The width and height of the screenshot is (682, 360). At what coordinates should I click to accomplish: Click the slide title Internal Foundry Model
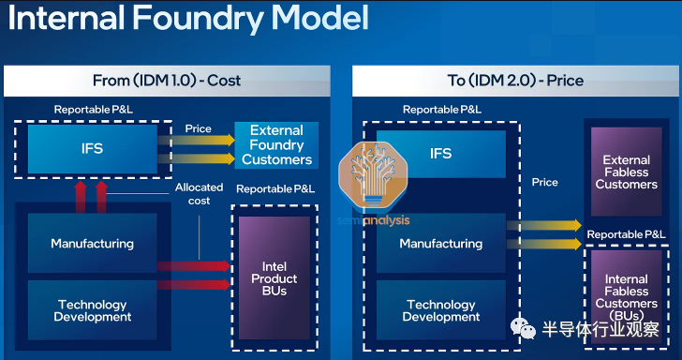(x=188, y=19)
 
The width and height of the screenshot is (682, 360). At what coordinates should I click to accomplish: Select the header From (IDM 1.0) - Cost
(x=167, y=81)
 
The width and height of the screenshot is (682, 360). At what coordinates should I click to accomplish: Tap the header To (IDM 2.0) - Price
(x=515, y=81)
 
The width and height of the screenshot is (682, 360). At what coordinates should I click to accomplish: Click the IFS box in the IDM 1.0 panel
(x=93, y=149)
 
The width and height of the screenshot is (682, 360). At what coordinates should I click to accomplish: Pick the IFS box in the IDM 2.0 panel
(x=441, y=154)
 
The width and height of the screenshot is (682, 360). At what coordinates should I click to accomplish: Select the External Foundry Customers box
(x=276, y=145)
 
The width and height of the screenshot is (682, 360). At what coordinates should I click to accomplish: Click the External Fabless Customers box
(x=627, y=172)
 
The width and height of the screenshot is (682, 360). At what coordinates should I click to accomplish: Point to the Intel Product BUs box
(x=274, y=278)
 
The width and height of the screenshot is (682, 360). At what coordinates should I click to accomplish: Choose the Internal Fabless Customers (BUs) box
(x=627, y=297)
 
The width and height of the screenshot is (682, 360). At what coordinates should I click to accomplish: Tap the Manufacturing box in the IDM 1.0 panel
(x=93, y=243)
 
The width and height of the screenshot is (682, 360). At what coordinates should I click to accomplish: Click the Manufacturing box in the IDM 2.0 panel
(x=441, y=243)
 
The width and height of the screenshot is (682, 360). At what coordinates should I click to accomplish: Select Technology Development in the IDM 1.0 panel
(x=93, y=310)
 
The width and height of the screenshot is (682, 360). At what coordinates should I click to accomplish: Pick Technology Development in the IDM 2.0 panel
(x=441, y=310)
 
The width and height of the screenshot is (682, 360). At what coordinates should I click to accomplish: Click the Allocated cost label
(x=200, y=194)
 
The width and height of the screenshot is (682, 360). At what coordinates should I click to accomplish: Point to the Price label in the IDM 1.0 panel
(x=199, y=128)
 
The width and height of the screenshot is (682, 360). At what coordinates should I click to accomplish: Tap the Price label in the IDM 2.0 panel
(x=545, y=182)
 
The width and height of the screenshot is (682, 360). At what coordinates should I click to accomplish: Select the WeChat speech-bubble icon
(x=523, y=328)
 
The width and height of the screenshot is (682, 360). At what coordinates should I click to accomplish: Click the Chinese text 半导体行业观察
(x=600, y=329)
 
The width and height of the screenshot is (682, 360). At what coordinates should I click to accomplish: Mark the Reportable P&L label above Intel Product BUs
(x=275, y=189)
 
